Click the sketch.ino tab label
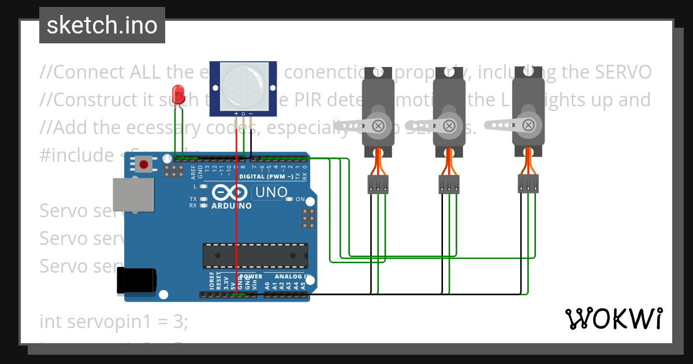pyautogui.click(x=102, y=25)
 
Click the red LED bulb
pyautogui.click(x=178, y=93)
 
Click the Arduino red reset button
pyautogui.click(x=144, y=165)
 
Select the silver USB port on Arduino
pyautogui.click(x=133, y=194)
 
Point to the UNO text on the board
pyautogui.click(x=271, y=192)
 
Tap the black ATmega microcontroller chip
pyautogui.click(x=255, y=255)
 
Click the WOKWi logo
pyautogui.click(x=613, y=318)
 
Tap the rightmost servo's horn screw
pyautogui.click(x=528, y=125)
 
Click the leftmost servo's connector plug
pyautogui.click(x=378, y=185)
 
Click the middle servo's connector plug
pyautogui.click(x=449, y=184)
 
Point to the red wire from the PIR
pyautogui.click(x=237, y=220)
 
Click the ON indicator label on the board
pyautogui.click(x=300, y=199)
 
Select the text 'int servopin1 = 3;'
pyautogui.click(x=114, y=321)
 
